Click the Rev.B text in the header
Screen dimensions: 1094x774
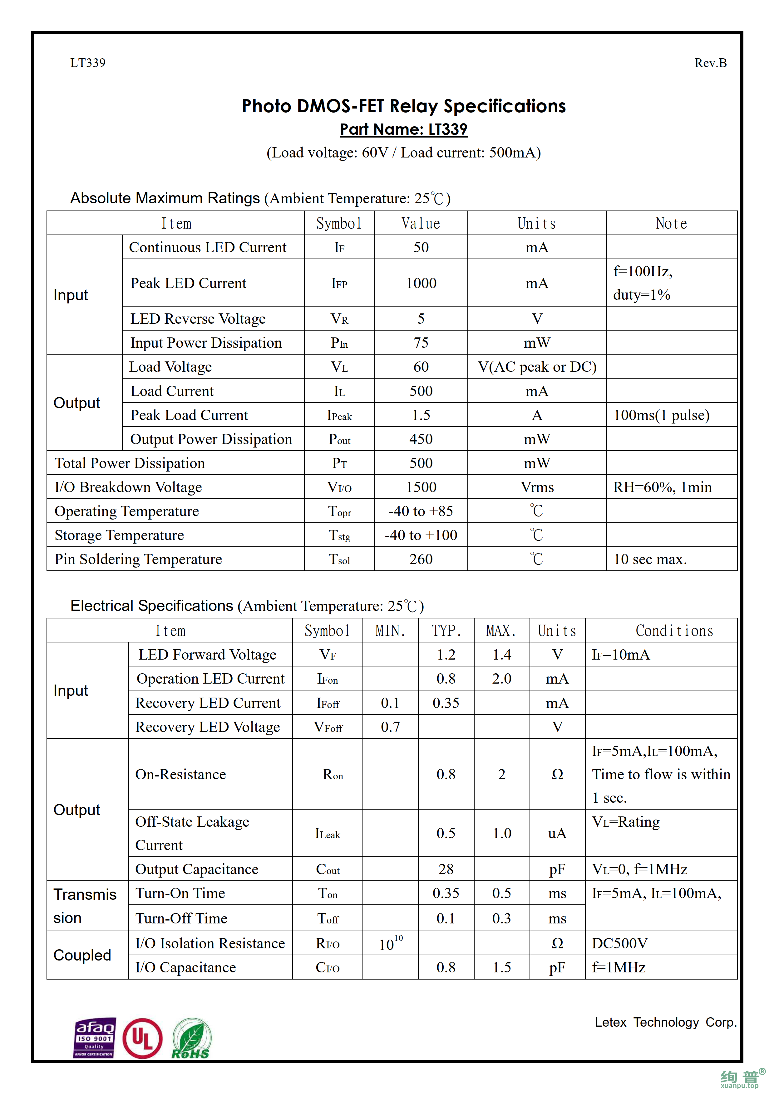pyautogui.click(x=710, y=63)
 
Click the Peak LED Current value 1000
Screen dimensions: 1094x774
pyautogui.click(x=421, y=283)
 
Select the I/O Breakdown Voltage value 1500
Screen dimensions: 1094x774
pyautogui.click(x=421, y=487)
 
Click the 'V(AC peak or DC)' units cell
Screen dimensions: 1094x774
pyautogui.click(x=537, y=367)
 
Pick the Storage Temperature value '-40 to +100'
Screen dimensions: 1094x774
pyautogui.click(x=421, y=535)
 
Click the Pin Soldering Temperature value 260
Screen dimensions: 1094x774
pyautogui.click(x=421, y=559)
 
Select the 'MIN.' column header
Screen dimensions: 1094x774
pyautogui.click(x=390, y=631)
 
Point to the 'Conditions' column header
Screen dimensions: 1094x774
pyautogui.click(x=674, y=631)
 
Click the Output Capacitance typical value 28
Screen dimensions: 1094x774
pyautogui.click(x=446, y=869)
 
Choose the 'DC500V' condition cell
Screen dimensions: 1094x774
pyautogui.click(x=619, y=943)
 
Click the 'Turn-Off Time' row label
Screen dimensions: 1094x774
pyautogui.click(x=181, y=918)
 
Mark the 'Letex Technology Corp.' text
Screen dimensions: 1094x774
pyautogui.click(x=665, y=1022)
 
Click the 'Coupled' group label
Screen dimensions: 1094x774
pyautogui.click(x=82, y=955)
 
